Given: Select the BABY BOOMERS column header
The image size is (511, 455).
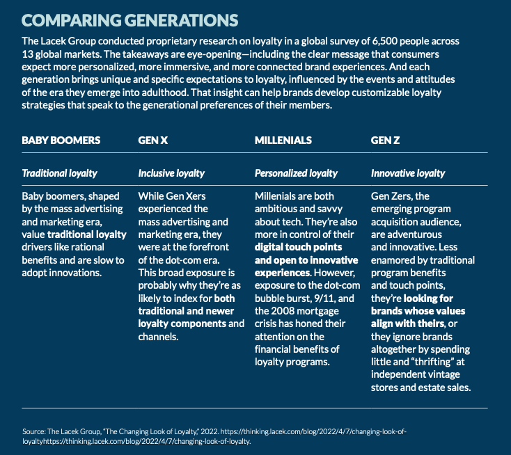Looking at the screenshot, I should [61, 140].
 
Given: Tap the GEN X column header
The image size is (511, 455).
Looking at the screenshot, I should [153, 140].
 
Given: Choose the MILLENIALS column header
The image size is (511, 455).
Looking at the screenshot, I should [283, 140].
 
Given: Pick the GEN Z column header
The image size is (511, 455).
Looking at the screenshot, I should [385, 140].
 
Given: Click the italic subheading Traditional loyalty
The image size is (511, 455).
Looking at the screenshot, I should [60, 173].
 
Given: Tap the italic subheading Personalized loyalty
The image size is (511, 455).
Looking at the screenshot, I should [296, 173].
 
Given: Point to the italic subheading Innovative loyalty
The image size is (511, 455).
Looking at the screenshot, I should [408, 173].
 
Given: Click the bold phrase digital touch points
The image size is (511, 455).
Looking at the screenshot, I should [297, 247].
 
